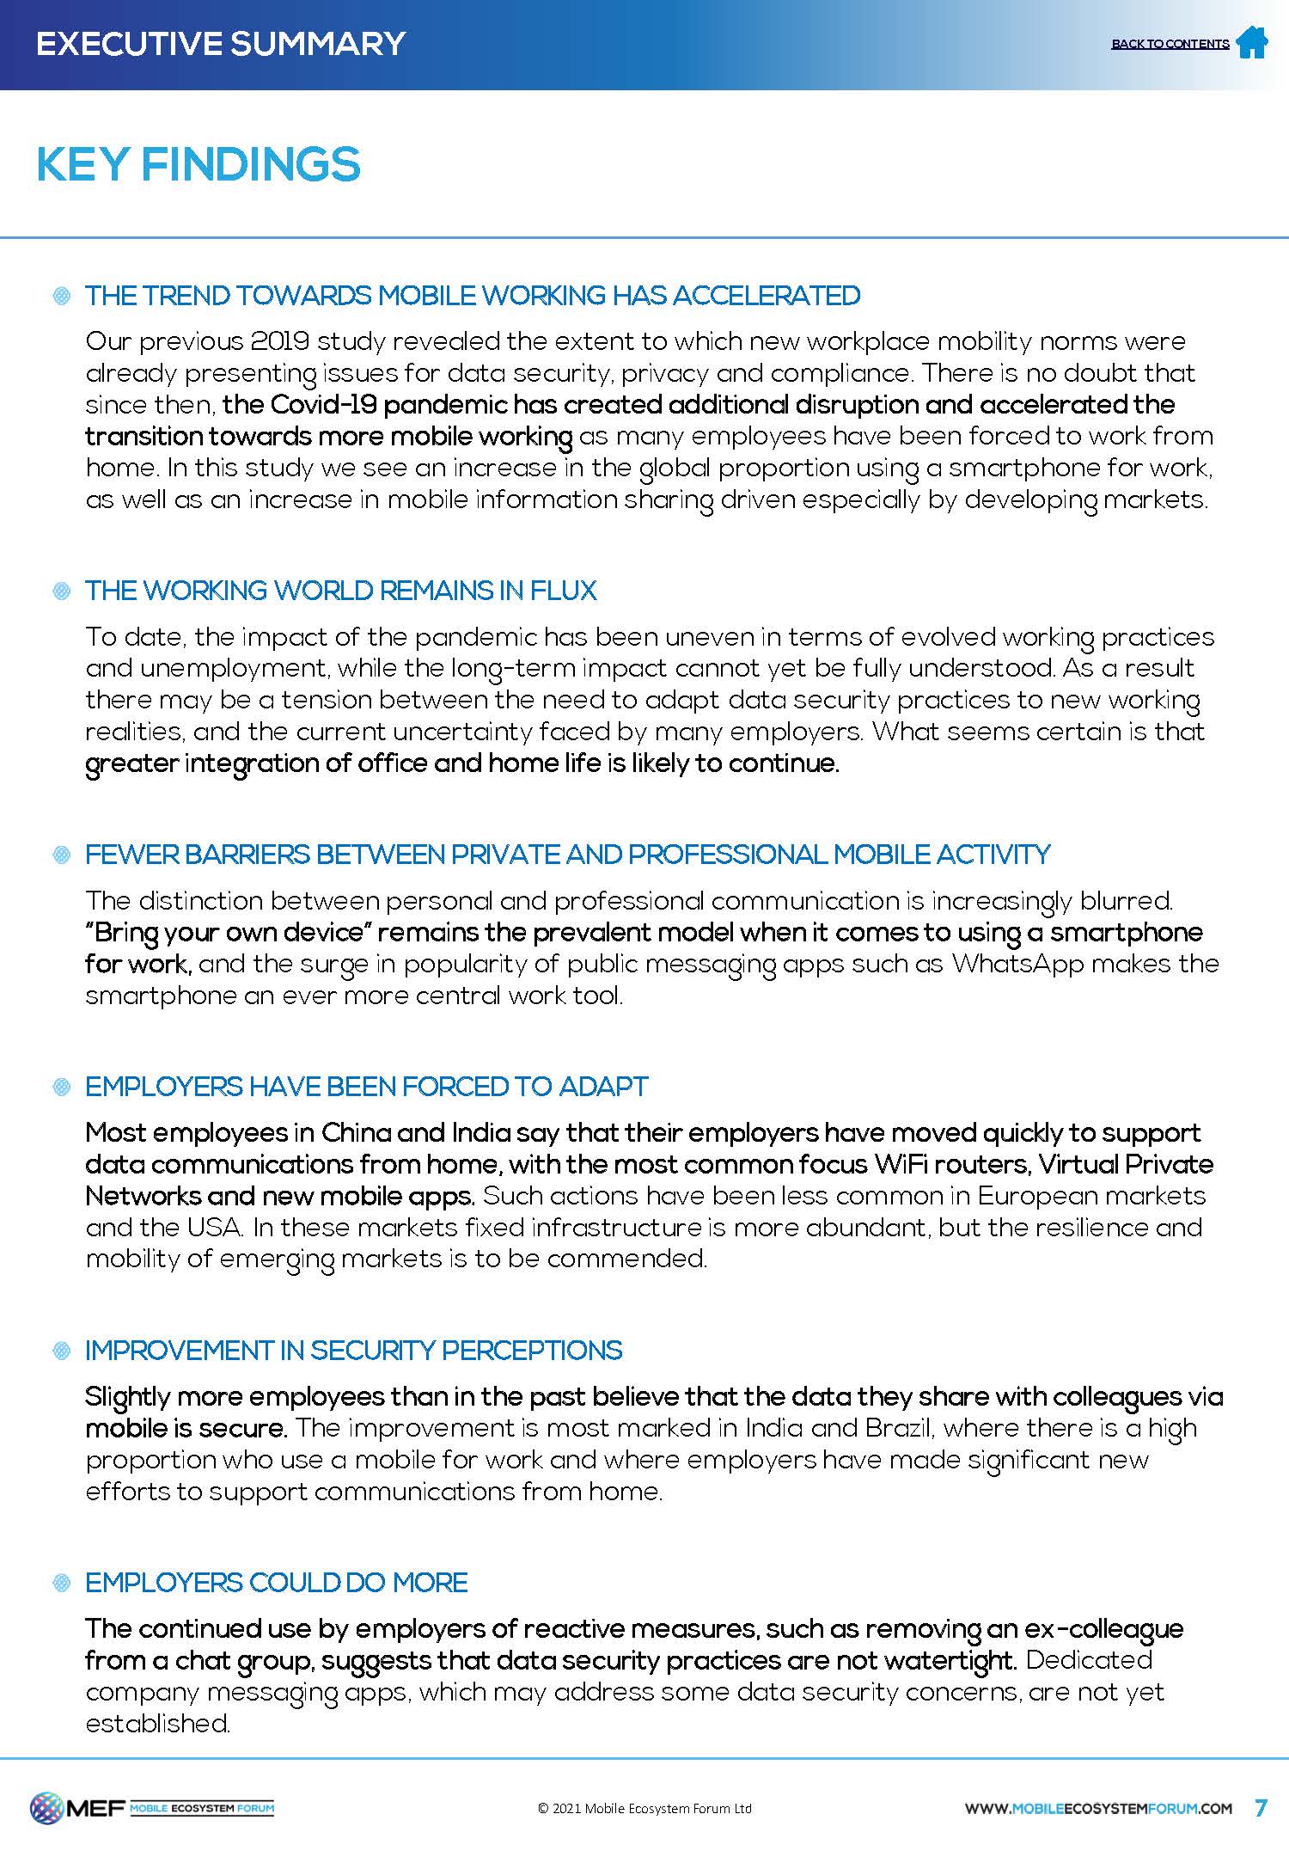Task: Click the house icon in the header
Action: (1251, 42)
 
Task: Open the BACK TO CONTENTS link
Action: (1170, 44)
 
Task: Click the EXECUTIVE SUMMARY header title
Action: (221, 43)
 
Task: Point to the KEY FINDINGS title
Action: (199, 164)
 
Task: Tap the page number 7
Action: (1261, 1807)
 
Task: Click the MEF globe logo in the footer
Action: (46, 1808)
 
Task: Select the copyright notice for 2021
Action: (644, 1808)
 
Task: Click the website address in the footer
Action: (1098, 1808)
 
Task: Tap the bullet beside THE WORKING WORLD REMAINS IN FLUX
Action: (62, 591)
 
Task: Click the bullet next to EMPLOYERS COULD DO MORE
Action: (62, 1583)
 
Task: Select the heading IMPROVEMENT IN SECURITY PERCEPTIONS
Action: (353, 1351)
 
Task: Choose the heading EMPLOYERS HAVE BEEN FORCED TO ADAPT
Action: (366, 1087)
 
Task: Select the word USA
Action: (214, 1227)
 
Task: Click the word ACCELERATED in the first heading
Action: (766, 296)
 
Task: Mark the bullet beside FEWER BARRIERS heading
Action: (62, 855)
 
